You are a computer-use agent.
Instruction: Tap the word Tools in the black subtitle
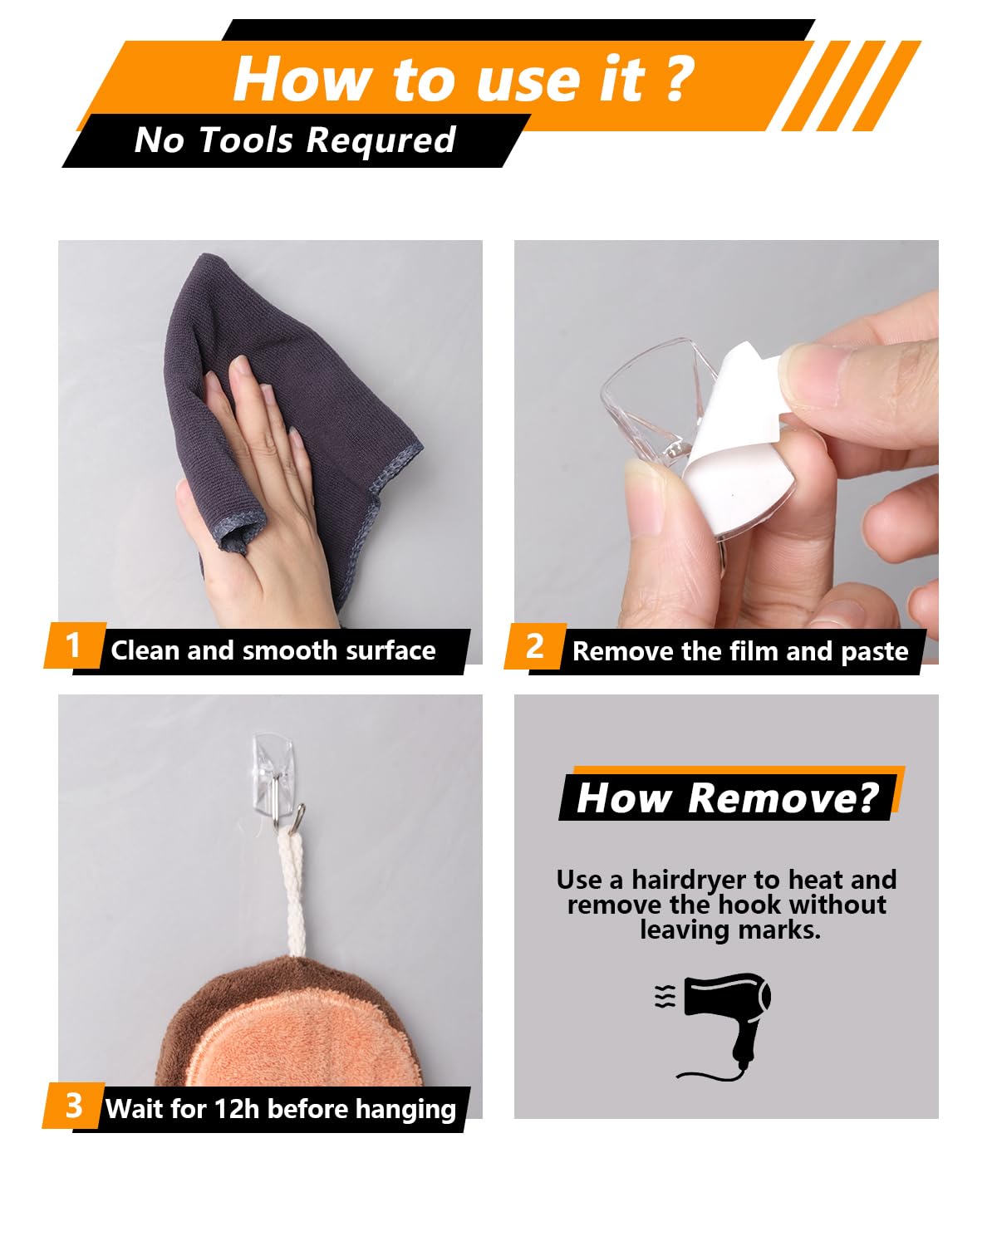pyautogui.click(x=246, y=140)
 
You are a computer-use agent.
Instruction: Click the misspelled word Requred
pyautogui.click(x=381, y=140)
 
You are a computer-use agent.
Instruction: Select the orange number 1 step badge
pyautogui.click(x=74, y=645)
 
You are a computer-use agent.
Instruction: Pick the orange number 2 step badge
pyautogui.click(x=535, y=645)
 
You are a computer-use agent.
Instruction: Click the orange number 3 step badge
pyautogui.click(x=74, y=1106)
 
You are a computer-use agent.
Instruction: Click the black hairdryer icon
pyautogui.click(x=724, y=1026)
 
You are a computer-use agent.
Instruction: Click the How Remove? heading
pyautogui.click(x=728, y=798)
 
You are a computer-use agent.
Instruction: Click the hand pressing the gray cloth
pyautogui.click(x=261, y=492)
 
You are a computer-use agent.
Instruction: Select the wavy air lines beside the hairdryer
pyautogui.click(x=665, y=997)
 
